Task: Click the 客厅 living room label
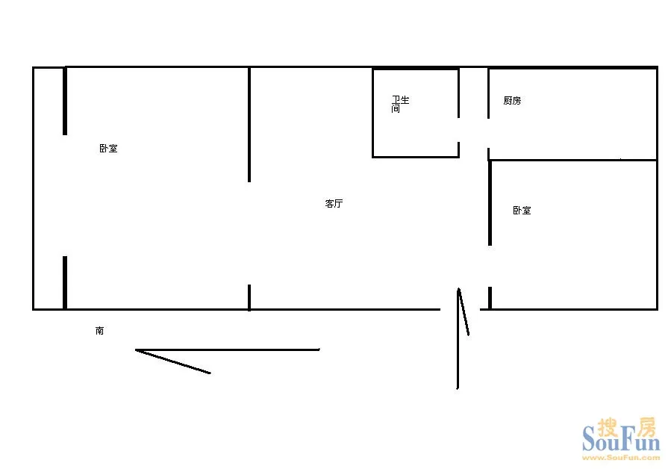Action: [334, 203]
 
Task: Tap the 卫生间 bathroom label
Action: [400, 104]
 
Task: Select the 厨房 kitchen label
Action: [512, 101]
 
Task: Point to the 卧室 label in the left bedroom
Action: [108, 148]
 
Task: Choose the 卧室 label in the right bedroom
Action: [522, 211]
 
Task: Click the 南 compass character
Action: [100, 331]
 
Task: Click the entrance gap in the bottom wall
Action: [460, 309]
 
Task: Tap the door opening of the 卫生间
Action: [459, 130]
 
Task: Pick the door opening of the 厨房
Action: [488, 133]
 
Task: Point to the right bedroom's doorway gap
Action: [490, 267]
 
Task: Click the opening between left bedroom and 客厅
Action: [249, 234]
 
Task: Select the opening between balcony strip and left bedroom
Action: [65, 196]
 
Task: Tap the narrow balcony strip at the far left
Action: [49, 188]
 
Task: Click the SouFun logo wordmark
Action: [621, 438]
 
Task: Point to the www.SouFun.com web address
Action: [621, 458]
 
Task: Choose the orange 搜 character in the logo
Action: [608, 427]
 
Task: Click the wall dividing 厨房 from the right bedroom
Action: [573, 160]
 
